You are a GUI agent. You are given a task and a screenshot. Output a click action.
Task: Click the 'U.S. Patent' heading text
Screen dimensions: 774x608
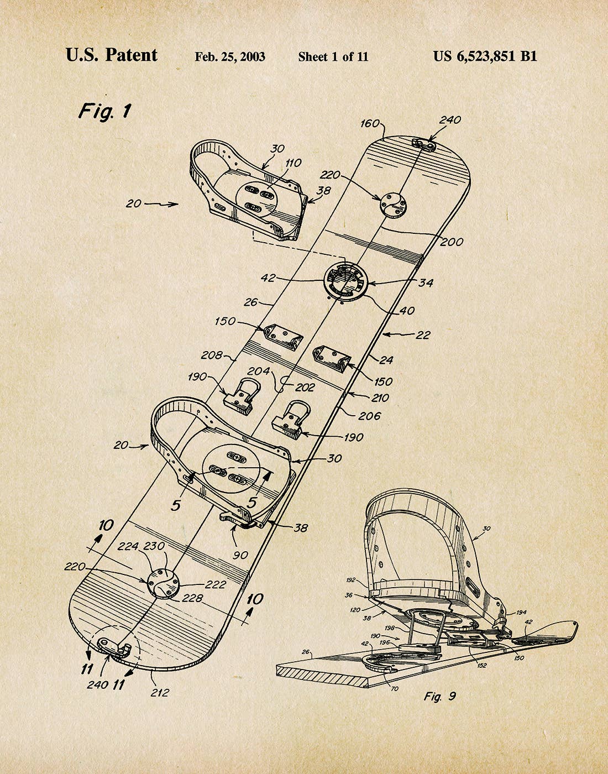point(112,55)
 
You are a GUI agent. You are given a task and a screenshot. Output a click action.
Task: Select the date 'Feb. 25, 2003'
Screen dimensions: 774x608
point(229,56)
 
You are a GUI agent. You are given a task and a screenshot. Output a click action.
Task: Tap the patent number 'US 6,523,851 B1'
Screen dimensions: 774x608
point(485,56)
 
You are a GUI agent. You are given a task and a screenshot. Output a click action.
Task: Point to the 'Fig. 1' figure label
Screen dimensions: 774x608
point(104,111)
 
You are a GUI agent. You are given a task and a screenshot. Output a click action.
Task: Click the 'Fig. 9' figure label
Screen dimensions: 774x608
point(440,696)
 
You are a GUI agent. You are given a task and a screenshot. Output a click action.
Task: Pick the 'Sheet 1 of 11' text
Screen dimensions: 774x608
point(333,56)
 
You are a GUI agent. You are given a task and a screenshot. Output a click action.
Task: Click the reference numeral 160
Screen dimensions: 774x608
point(370,123)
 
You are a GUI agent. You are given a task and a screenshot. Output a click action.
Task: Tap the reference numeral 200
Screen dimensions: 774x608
point(452,242)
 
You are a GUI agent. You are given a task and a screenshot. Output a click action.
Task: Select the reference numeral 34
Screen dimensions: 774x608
point(426,283)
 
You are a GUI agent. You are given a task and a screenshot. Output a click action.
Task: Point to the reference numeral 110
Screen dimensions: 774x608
point(293,163)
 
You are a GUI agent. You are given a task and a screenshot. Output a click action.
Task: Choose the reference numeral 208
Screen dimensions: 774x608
point(212,355)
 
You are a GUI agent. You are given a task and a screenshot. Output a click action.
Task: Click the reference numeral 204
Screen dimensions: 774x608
point(258,371)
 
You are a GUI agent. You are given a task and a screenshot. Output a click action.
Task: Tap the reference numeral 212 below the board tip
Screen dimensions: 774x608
point(160,692)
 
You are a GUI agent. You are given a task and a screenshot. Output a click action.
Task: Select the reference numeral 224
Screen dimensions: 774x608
point(129,546)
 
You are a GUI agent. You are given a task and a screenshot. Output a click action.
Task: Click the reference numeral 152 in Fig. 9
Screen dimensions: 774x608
point(482,665)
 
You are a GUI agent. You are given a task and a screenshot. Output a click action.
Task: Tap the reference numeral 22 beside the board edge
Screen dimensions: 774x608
point(423,335)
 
